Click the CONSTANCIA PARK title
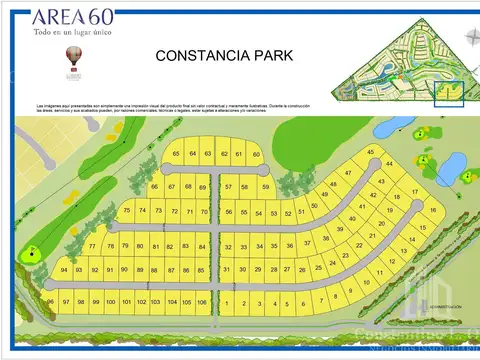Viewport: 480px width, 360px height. pos(224,56)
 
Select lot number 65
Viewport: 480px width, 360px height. pos(177,154)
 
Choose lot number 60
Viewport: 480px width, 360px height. pos(256,154)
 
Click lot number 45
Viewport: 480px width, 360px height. pos(370,152)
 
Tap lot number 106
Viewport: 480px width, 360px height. pos(202,301)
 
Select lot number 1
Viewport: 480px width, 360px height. pos(228,303)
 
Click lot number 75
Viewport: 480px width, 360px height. pos(127,211)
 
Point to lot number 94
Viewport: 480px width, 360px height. pos(64,270)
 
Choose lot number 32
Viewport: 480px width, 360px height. pos(229,246)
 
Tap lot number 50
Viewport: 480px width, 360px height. pos(314,207)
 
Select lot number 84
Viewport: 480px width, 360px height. pos(202,246)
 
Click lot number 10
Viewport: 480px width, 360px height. pos(366,283)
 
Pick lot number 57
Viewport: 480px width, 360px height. pos(229,187)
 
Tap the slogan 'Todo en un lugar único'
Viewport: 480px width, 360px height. pos(73,33)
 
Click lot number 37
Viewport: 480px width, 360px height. pos(308,241)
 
